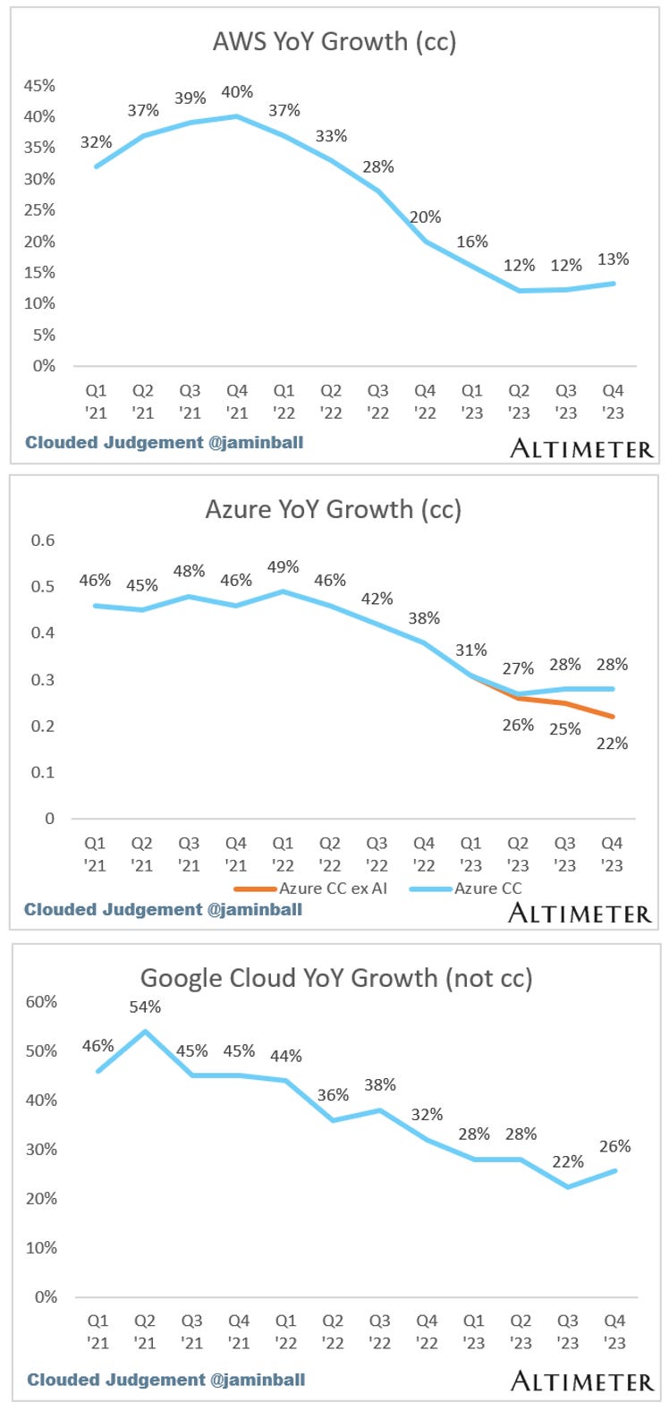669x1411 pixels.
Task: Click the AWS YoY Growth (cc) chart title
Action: pyautogui.click(x=334, y=41)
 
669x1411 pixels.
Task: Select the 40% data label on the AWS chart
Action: pyautogui.click(x=237, y=91)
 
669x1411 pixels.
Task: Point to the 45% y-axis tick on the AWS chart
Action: pyautogui.click(x=39, y=86)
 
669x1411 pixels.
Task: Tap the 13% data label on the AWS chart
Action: pyautogui.click(x=613, y=259)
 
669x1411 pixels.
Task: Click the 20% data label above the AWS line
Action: pyautogui.click(x=426, y=217)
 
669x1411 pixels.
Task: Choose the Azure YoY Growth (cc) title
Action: pyautogui.click(x=333, y=509)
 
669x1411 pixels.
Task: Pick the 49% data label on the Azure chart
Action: pyautogui.click(x=283, y=567)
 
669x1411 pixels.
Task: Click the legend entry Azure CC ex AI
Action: pyautogui.click(x=333, y=888)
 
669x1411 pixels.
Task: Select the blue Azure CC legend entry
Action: pyautogui.click(x=487, y=888)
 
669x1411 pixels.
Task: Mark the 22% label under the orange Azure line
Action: pyautogui.click(x=613, y=743)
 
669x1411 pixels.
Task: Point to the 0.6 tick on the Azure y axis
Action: pyautogui.click(x=43, y=540)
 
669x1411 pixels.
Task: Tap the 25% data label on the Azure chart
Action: pyautogui.click(x=565, y=729)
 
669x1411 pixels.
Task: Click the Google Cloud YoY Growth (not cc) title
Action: pyautogui.click(x=336, y=978)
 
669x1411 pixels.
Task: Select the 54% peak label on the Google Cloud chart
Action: pyautogui.click(x=145, y=1007)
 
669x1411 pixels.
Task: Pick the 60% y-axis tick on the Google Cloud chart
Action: pyautogui.click(x=41, y=1002)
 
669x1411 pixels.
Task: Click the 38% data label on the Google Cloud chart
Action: pyautogui.click(x=380, y=1084)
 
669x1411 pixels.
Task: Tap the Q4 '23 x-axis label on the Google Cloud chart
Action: pyautogui.click(x=614, y=1331)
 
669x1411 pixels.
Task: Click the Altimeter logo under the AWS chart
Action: pyautogui.click(x=581, y=449)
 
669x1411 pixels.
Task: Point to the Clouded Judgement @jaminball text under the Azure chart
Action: pyautogui.click(x=163, y=910)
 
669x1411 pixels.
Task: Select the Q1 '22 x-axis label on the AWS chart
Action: pyautogui.click(x=284, y=402)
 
